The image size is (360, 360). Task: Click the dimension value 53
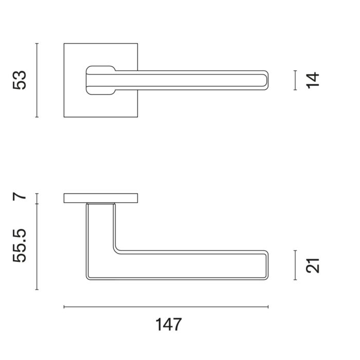coord(20,80)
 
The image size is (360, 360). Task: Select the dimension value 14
coord(313,80)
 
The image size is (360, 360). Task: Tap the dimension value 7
coord(20,196)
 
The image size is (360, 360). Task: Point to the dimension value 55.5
coord(20,245)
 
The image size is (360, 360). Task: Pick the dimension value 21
coord(313,266)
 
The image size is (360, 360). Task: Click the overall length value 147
coord(169,325)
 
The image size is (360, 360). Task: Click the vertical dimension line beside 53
coord(37,80)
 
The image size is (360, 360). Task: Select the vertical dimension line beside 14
coord(295,80)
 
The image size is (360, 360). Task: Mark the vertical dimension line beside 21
coord(295,265)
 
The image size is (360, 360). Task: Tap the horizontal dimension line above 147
coord(166,307)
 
